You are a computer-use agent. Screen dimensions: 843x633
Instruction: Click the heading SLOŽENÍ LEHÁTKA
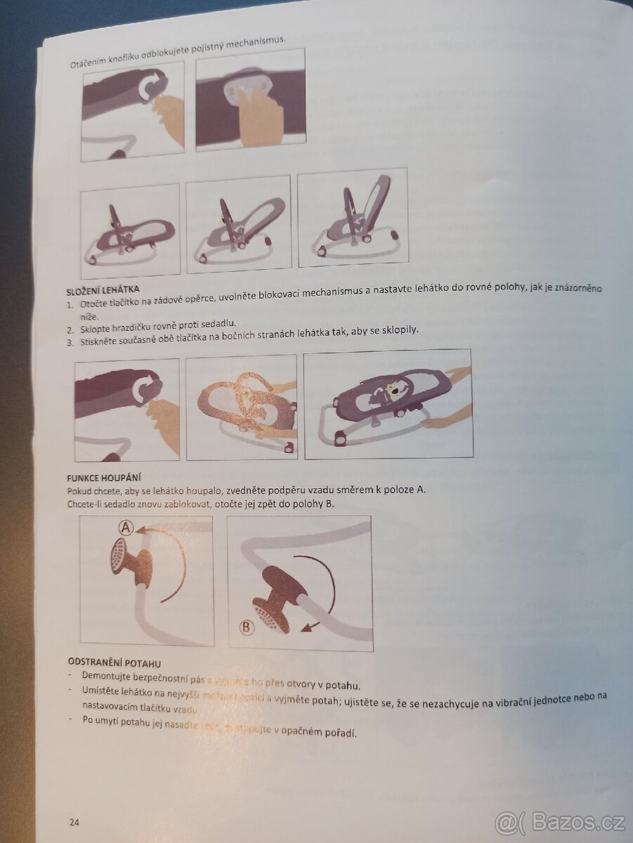click(x=103, y=289)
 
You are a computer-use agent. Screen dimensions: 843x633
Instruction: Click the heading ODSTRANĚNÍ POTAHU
click(x=115, y=662)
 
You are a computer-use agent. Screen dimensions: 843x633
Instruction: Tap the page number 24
click(x=74, y=821)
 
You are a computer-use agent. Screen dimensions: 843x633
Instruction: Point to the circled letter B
click(x=246, y=627)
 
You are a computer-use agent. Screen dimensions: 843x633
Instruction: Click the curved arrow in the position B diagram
click(x=327, y=583)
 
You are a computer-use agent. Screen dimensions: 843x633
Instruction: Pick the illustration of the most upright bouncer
click(x=353, y=218)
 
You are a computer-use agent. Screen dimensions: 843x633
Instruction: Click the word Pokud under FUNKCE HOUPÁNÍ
click(x=79, y=490)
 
